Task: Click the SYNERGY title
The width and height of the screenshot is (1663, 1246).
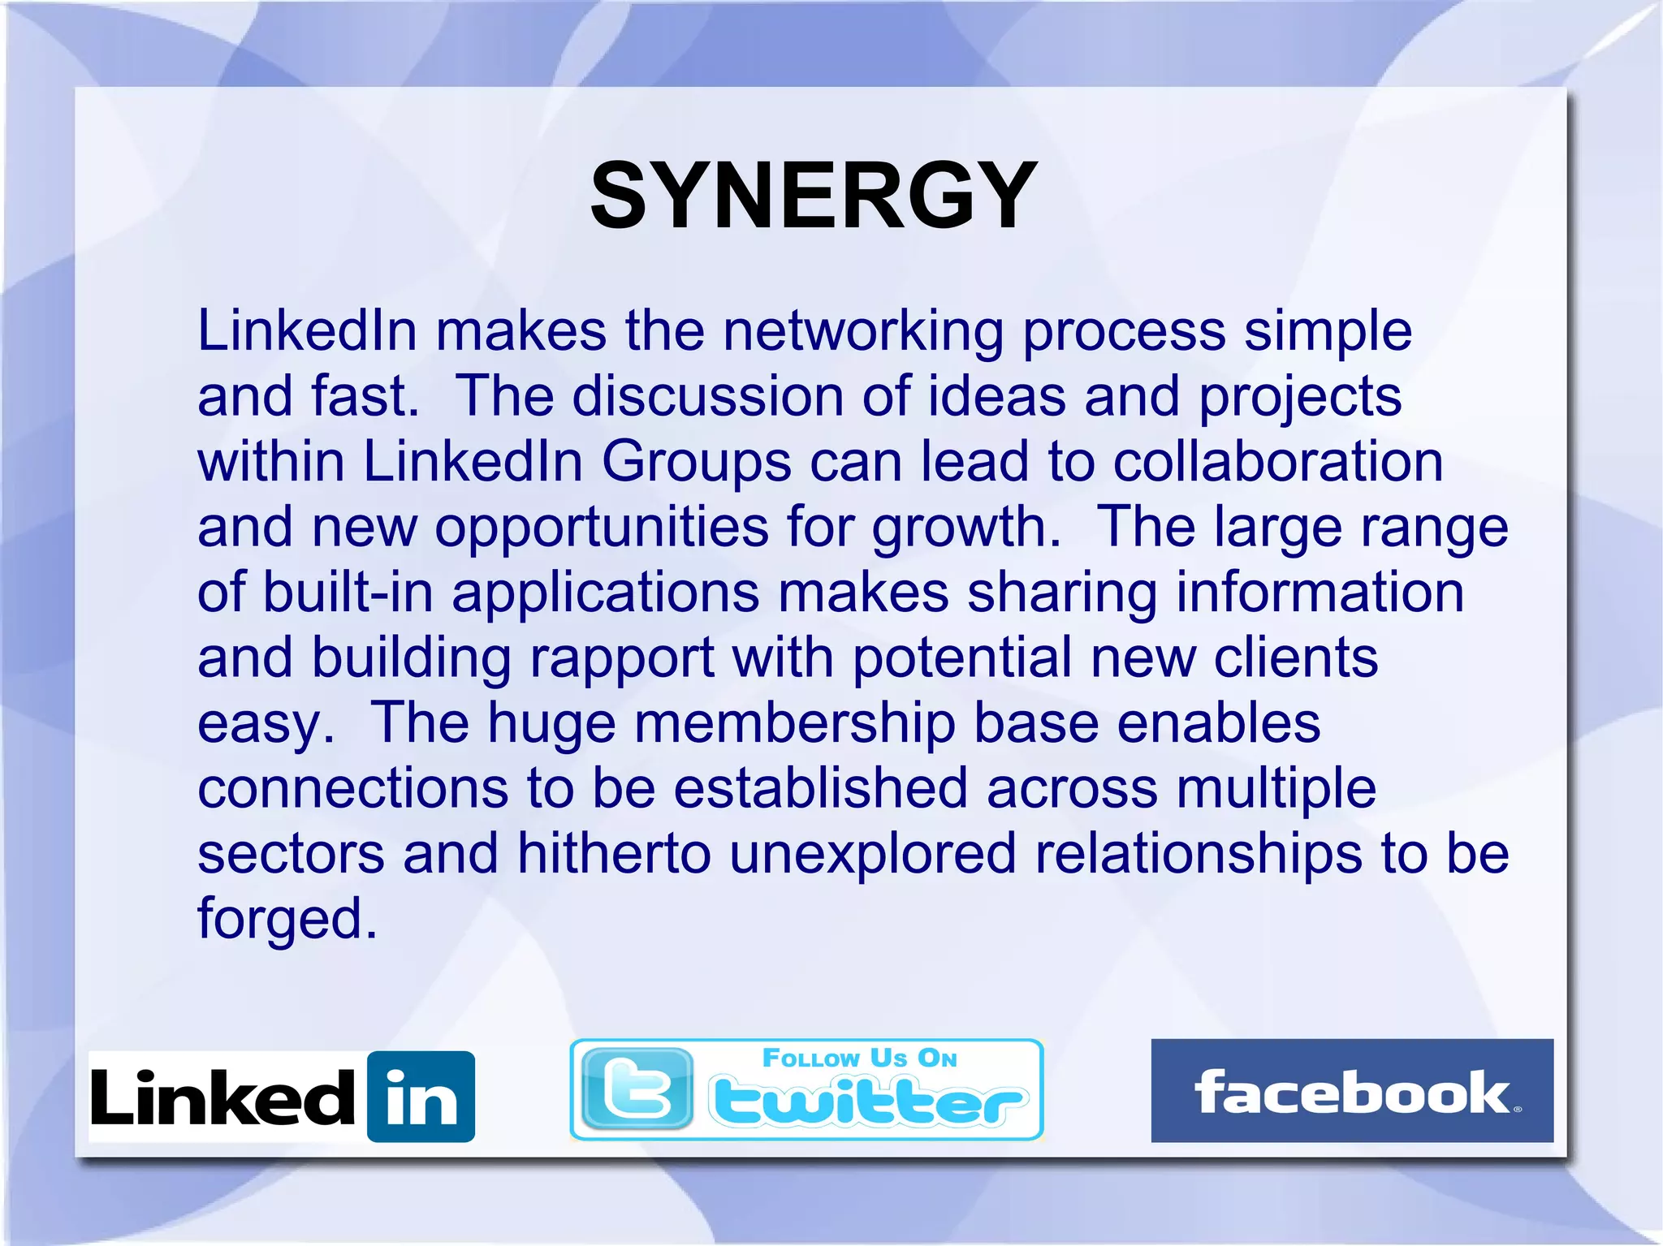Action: [814, 196]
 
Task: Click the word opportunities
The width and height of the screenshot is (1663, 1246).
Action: [601, 528]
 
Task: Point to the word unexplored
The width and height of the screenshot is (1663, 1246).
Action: [873, 854]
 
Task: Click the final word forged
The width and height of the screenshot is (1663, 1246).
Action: [287, 920]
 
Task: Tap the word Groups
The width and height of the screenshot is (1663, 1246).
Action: [696, 463]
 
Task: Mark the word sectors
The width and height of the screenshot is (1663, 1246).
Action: [291, 854]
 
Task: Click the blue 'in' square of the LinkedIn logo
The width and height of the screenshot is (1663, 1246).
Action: [421, 1097]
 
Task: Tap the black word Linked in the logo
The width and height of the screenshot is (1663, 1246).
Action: [222, 1097]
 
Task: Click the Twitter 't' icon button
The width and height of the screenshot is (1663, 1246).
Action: [637, 1089]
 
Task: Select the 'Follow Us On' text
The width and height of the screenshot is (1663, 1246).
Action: [859, 1058]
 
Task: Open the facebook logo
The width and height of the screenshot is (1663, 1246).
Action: [1351, 1090]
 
